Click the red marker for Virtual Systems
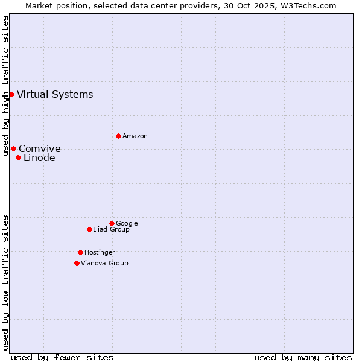pos(11,94)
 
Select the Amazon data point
pos(118,136)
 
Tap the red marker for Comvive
pos(13,148)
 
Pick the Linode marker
pos(18,158)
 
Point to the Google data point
pos(112,223)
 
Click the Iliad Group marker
pos(89,229)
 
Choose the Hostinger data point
pos(80,252)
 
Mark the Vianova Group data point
pos(77,263)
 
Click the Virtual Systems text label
pos(55,94)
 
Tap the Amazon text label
pos(135,136)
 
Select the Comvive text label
pos(40,149)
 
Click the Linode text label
pos(39,158)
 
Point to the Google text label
pos(127,223)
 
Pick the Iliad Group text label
pos(112,229)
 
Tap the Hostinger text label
pos(100,252)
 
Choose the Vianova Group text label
pos(104,263)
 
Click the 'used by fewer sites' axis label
pos(62,357)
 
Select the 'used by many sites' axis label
pos(303,357)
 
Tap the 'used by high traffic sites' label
pos(5,86)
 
